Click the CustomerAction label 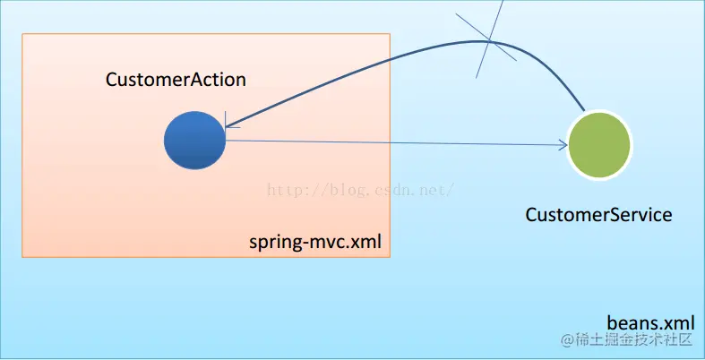point(176,80)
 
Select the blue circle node point(195,141)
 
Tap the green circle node point(599,143)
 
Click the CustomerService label point(598,215)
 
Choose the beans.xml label point(651,321)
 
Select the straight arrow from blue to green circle point(394,141)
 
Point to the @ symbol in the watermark point(566,340)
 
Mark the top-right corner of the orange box point(390,34)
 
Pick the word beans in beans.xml point(630,321)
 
